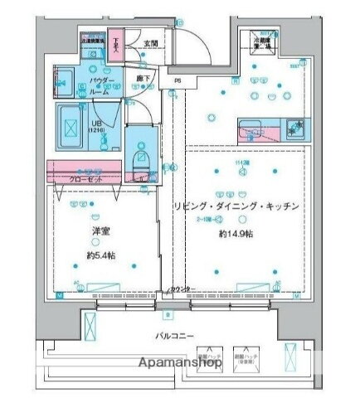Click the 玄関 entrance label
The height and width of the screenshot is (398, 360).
(150, 45)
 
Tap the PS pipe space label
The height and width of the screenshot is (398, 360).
(177, 80)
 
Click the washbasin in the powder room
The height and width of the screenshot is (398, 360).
(63, 82)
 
